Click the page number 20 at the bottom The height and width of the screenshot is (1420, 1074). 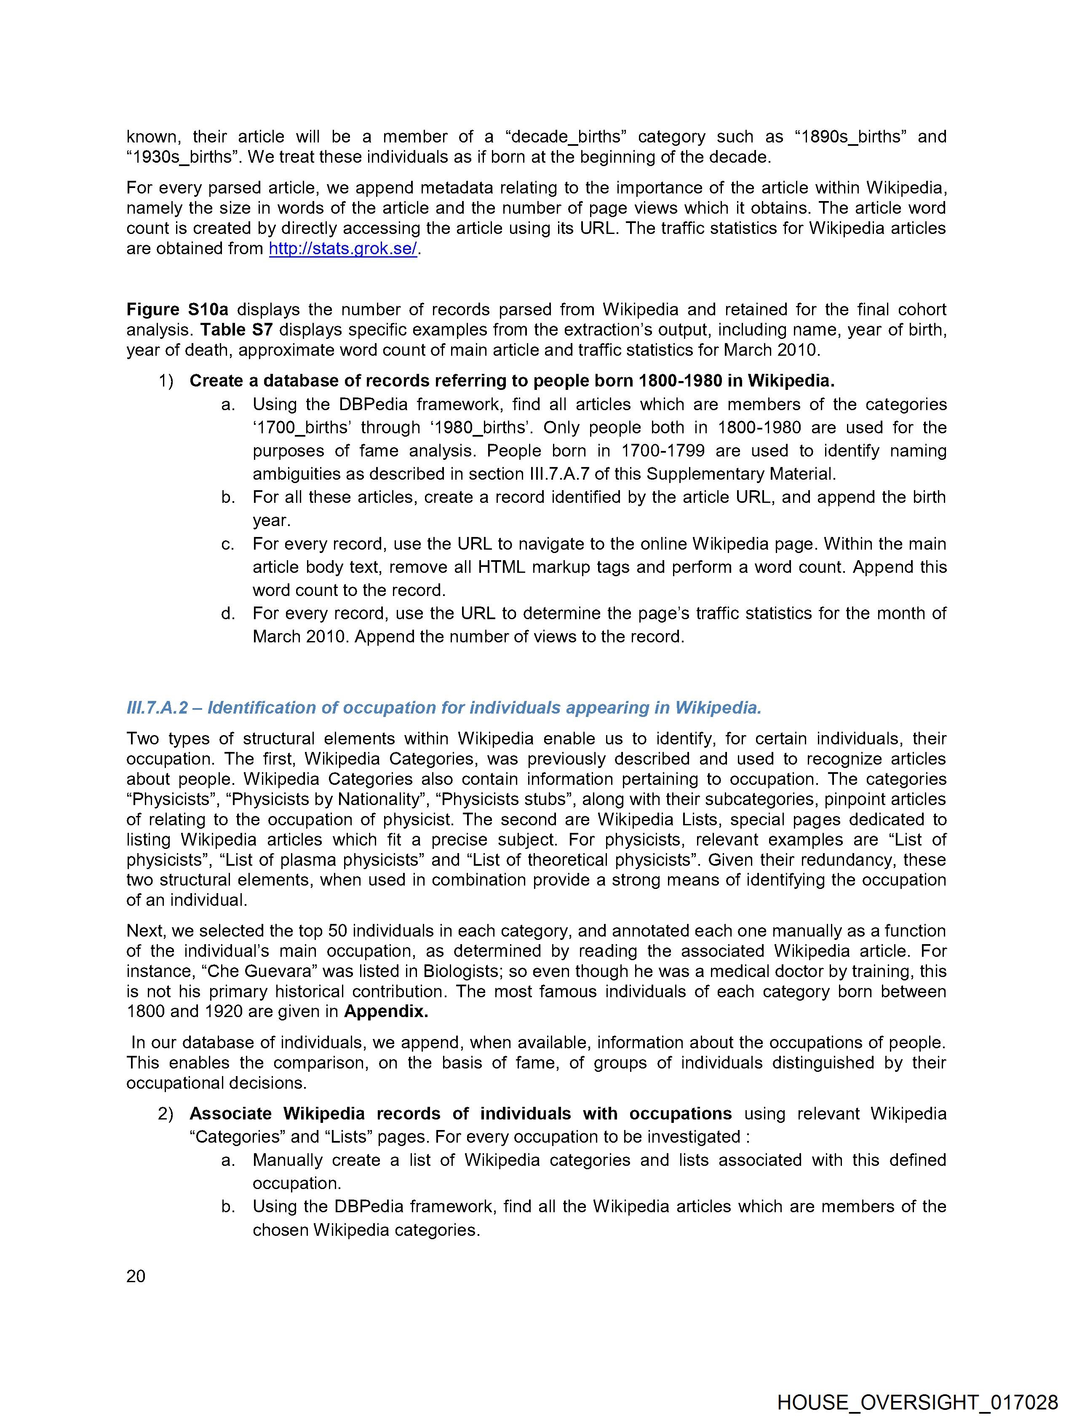click(136, 1276)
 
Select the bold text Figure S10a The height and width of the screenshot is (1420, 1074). click(177, 309)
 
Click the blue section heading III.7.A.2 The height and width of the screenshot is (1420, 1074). click(443, 707)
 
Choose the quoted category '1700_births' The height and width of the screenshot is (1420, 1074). click(300, 427)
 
